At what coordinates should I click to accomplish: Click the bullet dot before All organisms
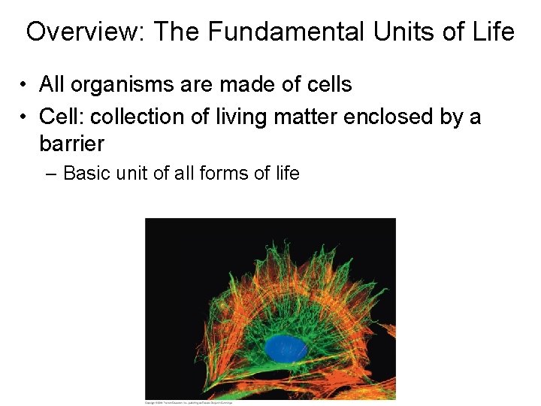[x=25, y=85]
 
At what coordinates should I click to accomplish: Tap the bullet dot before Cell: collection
[x=25, y=117]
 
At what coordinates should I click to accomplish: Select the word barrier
[x=71, y=143]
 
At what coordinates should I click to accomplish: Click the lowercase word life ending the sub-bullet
[x=286, y=174]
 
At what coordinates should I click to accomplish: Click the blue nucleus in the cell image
[x=284, y=348]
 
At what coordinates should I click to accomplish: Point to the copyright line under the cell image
[x=188, y=402]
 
